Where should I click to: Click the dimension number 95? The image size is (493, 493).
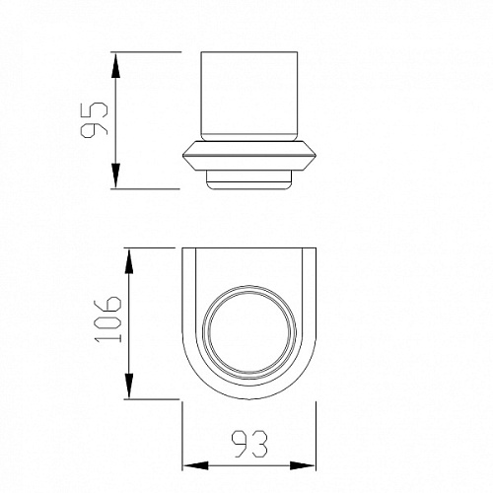point(94,119)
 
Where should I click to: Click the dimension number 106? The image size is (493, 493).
point(108,319)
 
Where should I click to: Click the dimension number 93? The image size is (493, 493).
point(249,444)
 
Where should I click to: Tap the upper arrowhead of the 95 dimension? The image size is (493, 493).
point(115,66)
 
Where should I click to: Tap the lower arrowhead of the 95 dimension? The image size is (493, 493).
point(115,176)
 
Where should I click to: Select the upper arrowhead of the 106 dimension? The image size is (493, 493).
point(129,261)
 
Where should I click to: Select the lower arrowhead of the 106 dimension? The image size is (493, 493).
point(129,386)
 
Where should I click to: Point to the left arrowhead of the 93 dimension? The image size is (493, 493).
point(195,465)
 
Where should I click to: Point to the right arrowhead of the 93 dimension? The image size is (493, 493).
point(302,465)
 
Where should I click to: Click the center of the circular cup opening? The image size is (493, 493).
point(249,332)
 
